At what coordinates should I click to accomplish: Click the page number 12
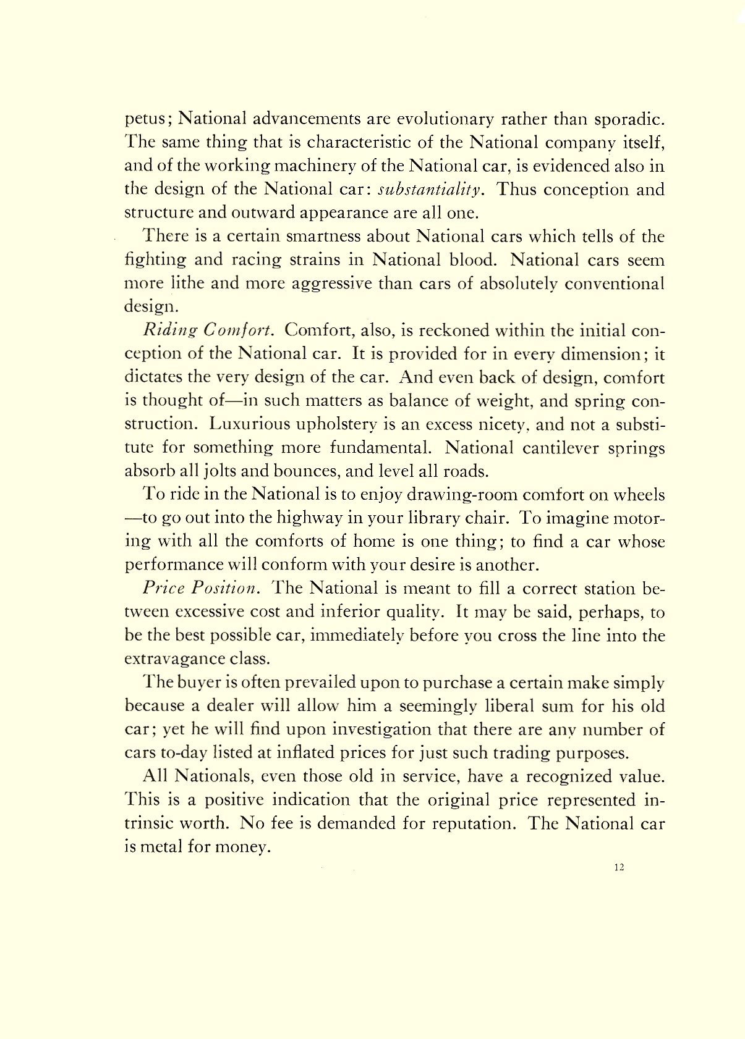point(619,867)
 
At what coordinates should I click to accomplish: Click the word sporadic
point(626,119)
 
